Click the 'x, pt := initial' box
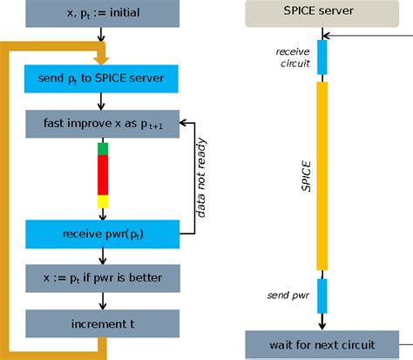click(102, 13)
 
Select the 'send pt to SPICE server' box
click(102, 78)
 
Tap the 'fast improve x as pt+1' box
click(102, 123)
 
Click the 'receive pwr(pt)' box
click(102, 234)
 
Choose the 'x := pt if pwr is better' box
click(102, 279)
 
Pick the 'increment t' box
click(102, 323)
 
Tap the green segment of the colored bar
click(103, 148)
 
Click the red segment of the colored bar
click(103, 174)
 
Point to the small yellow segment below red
click(103, 200)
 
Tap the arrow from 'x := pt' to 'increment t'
click(103, 302)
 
